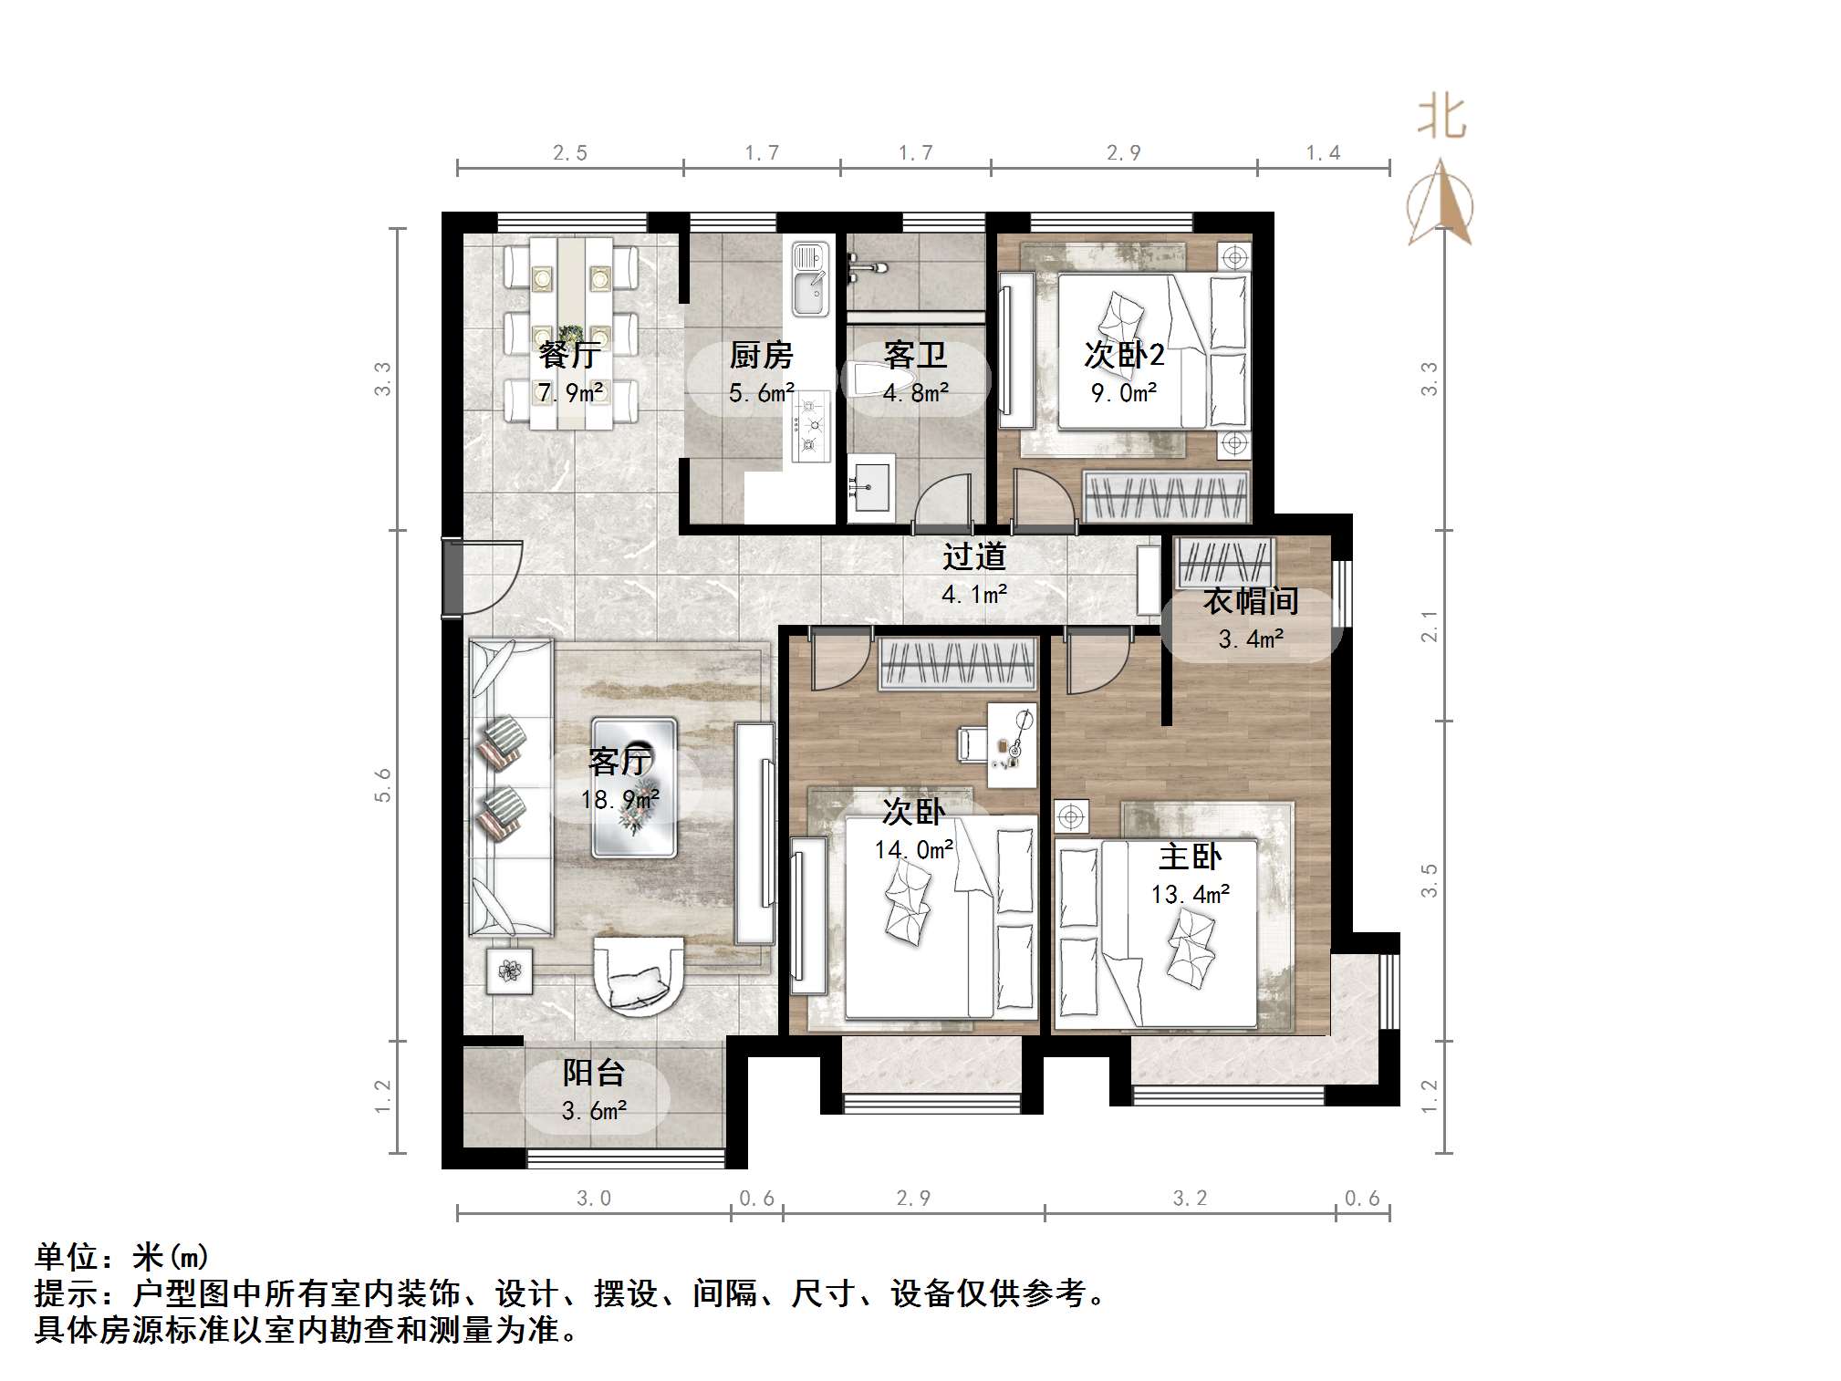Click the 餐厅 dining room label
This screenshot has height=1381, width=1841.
pos(568,354)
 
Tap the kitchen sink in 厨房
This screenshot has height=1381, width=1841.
pos(809,279)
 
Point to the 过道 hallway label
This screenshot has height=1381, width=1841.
pos(974,556)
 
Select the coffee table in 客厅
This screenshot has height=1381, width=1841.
pos(634,787)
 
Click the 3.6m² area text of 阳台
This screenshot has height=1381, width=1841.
pos(594,1111)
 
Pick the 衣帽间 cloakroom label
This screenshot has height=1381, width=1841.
pos(1250,601)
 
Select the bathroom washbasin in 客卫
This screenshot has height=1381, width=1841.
pos(870,489)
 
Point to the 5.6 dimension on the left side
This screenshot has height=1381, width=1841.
pos(382,784)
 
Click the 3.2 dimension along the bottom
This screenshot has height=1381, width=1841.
pos(1189,1198)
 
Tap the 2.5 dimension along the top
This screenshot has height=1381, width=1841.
pos(569,153)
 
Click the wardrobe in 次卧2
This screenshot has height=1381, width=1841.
pos(1165,496)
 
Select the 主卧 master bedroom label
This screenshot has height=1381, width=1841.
pos(1190,857)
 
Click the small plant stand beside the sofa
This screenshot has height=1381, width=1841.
pos(509,971)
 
